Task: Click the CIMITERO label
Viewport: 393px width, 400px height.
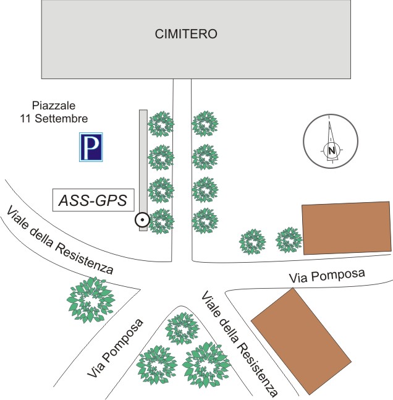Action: [x=186, y=35]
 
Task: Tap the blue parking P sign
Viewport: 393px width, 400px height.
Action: [x=91, y=147]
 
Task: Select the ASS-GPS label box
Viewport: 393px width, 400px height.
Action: [x=93, y=200]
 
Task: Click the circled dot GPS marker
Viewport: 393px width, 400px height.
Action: [x=142, y=219]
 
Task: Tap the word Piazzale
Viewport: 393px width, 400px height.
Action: [x=54, y=106]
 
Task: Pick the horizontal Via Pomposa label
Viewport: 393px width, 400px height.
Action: [x=327, y=276]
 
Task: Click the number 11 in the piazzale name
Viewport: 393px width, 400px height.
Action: [x=27, y=118]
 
